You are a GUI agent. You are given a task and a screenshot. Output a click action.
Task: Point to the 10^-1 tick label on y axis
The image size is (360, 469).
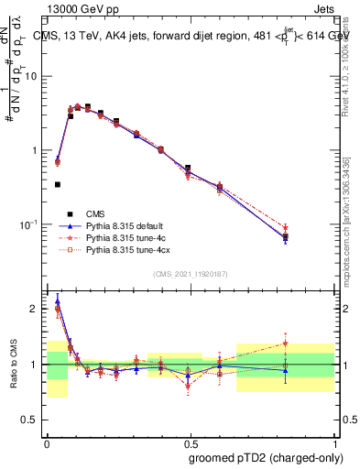[30, 224]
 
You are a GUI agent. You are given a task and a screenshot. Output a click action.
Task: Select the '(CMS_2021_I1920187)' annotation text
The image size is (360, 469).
[191, 274]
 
